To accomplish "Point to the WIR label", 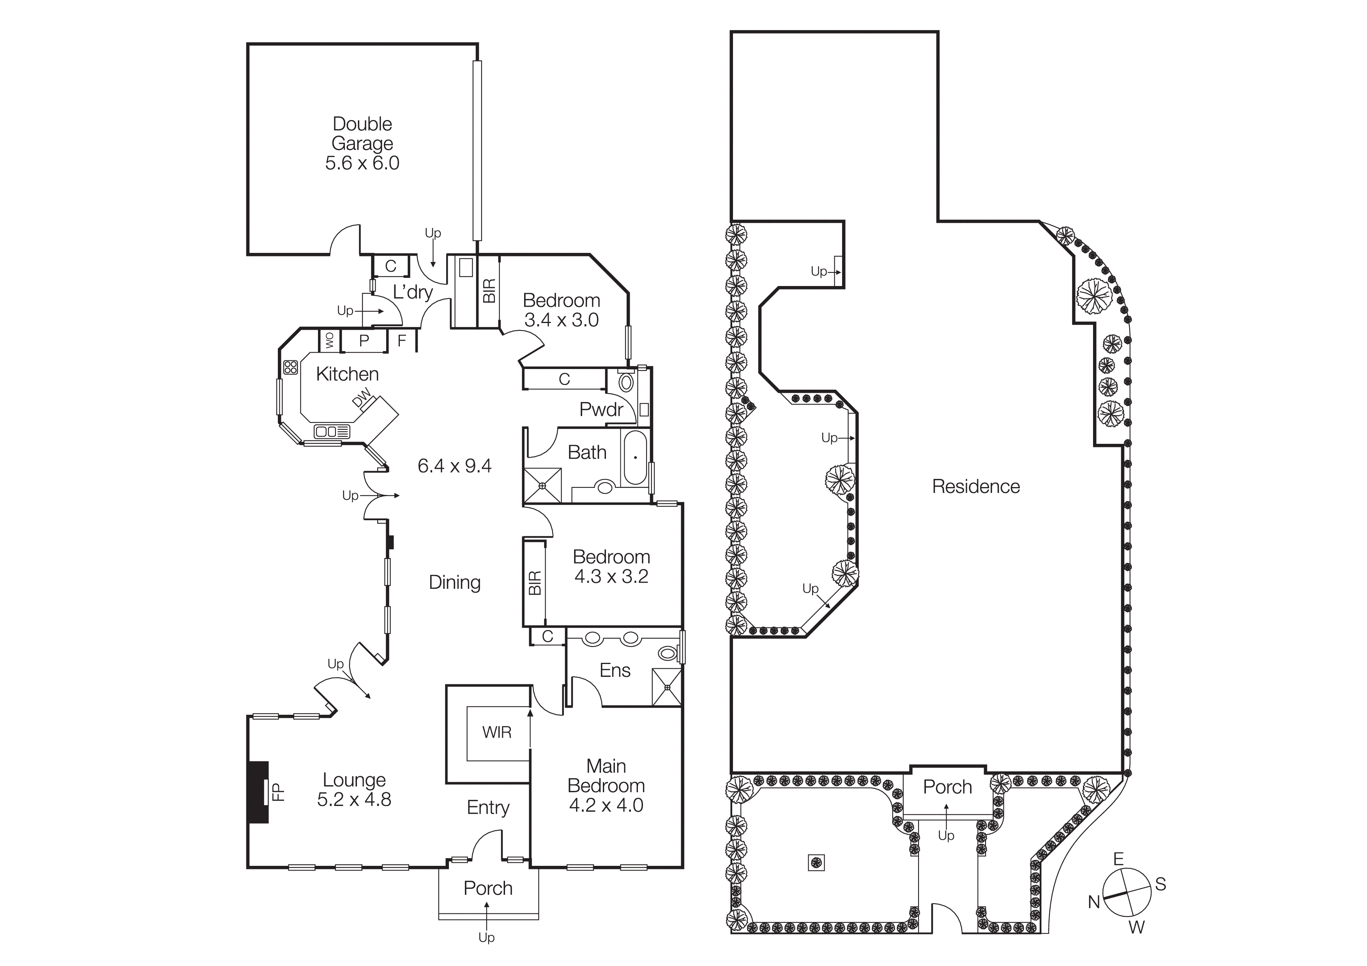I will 496,732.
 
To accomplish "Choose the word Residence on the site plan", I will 975,486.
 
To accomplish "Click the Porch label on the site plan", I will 947,787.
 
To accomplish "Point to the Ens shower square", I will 667,687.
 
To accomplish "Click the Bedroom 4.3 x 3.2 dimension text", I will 611,577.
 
